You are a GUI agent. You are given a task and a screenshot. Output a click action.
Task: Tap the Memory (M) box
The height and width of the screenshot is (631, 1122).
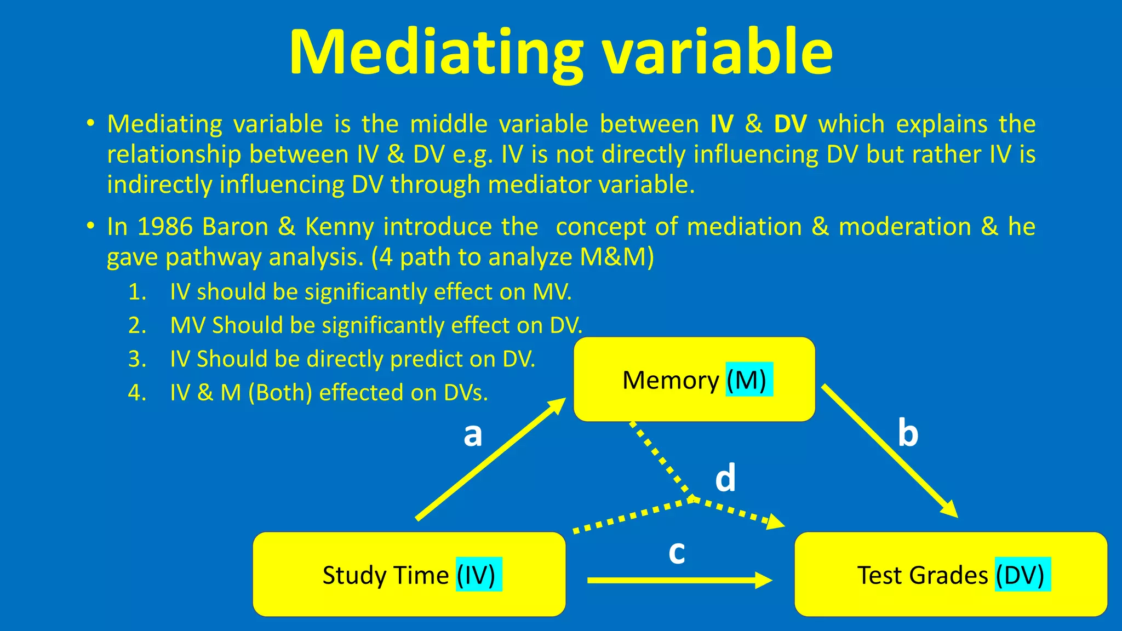coord(694,380)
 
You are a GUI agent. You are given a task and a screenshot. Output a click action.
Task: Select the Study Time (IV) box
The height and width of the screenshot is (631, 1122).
coord(409,575)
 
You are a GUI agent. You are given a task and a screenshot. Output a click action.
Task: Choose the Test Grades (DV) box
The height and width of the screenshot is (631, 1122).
coord(951,575)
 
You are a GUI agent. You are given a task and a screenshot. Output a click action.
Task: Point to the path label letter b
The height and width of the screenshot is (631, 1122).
coord(908,433)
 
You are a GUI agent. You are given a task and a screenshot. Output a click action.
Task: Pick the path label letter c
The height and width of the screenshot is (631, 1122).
coord(677,552)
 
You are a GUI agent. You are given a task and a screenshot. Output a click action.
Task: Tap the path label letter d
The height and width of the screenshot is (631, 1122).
coord(725,478)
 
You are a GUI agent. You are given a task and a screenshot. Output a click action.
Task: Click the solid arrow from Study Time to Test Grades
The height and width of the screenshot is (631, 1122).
coord(679,580)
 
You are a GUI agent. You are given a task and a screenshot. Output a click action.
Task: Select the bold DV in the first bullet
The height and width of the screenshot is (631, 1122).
coord(790,124)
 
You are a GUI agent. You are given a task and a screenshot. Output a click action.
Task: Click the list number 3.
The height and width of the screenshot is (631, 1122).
coord(137,359)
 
